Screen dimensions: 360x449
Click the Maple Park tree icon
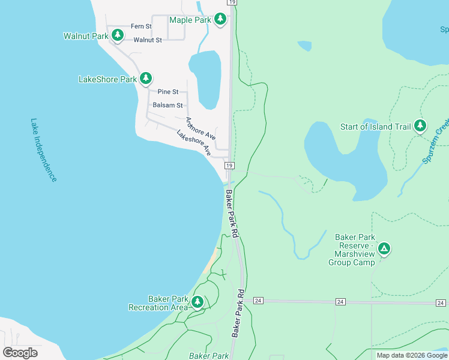point(220,20)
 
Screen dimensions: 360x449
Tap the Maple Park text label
point(190,20)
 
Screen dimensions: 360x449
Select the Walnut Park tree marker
point(118,36)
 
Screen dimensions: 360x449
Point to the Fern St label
point(142,26)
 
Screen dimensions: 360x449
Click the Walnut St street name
point(148,40)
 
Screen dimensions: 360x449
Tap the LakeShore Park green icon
point(146,79)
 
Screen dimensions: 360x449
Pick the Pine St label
point(168,92)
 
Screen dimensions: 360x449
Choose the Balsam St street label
point(167,105)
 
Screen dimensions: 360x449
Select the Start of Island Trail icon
point(420,126)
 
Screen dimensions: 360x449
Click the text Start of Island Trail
point(375,127)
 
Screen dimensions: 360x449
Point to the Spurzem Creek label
point(436,142)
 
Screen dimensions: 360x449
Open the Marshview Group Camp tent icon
point(384,248)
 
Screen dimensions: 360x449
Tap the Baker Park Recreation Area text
point(158,303)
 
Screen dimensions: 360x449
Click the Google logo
point(20,352)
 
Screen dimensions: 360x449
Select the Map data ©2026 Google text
point(412,355)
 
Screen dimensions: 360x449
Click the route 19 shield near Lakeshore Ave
point(229,165)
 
